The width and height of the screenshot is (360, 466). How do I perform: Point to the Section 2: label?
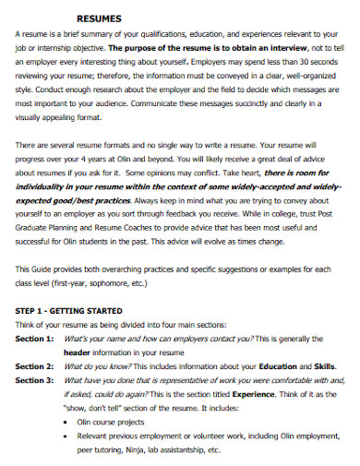[x=35, y=366]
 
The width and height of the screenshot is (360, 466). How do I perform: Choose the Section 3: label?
[x=35, y=379]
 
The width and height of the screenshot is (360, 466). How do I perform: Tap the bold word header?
[x=76, y=353]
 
